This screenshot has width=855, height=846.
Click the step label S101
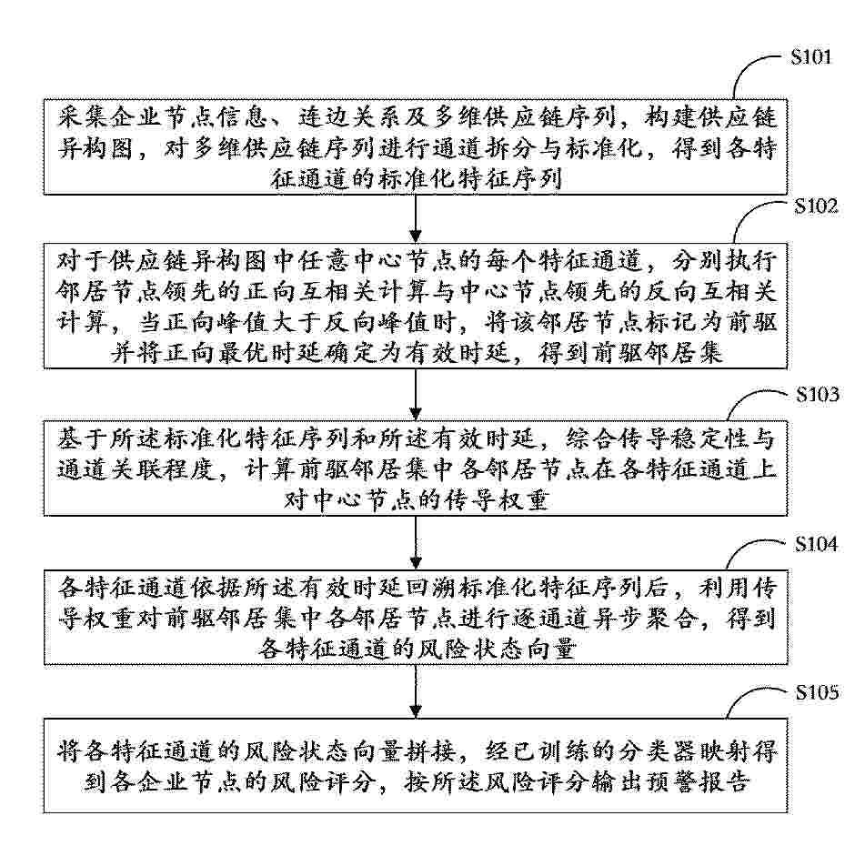coord(810,56)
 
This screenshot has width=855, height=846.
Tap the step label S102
coord(815,206)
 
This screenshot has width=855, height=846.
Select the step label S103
coord(817,395)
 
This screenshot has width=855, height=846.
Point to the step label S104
coord(816,543)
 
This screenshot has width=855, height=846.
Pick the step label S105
coord(816,692)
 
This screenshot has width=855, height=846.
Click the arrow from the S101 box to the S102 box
coord(416,218)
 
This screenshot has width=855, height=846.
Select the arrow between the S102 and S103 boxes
coord(416,395)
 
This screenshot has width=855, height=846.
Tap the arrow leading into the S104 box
coord(416,542)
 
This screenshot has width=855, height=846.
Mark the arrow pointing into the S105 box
coord(416,691)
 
